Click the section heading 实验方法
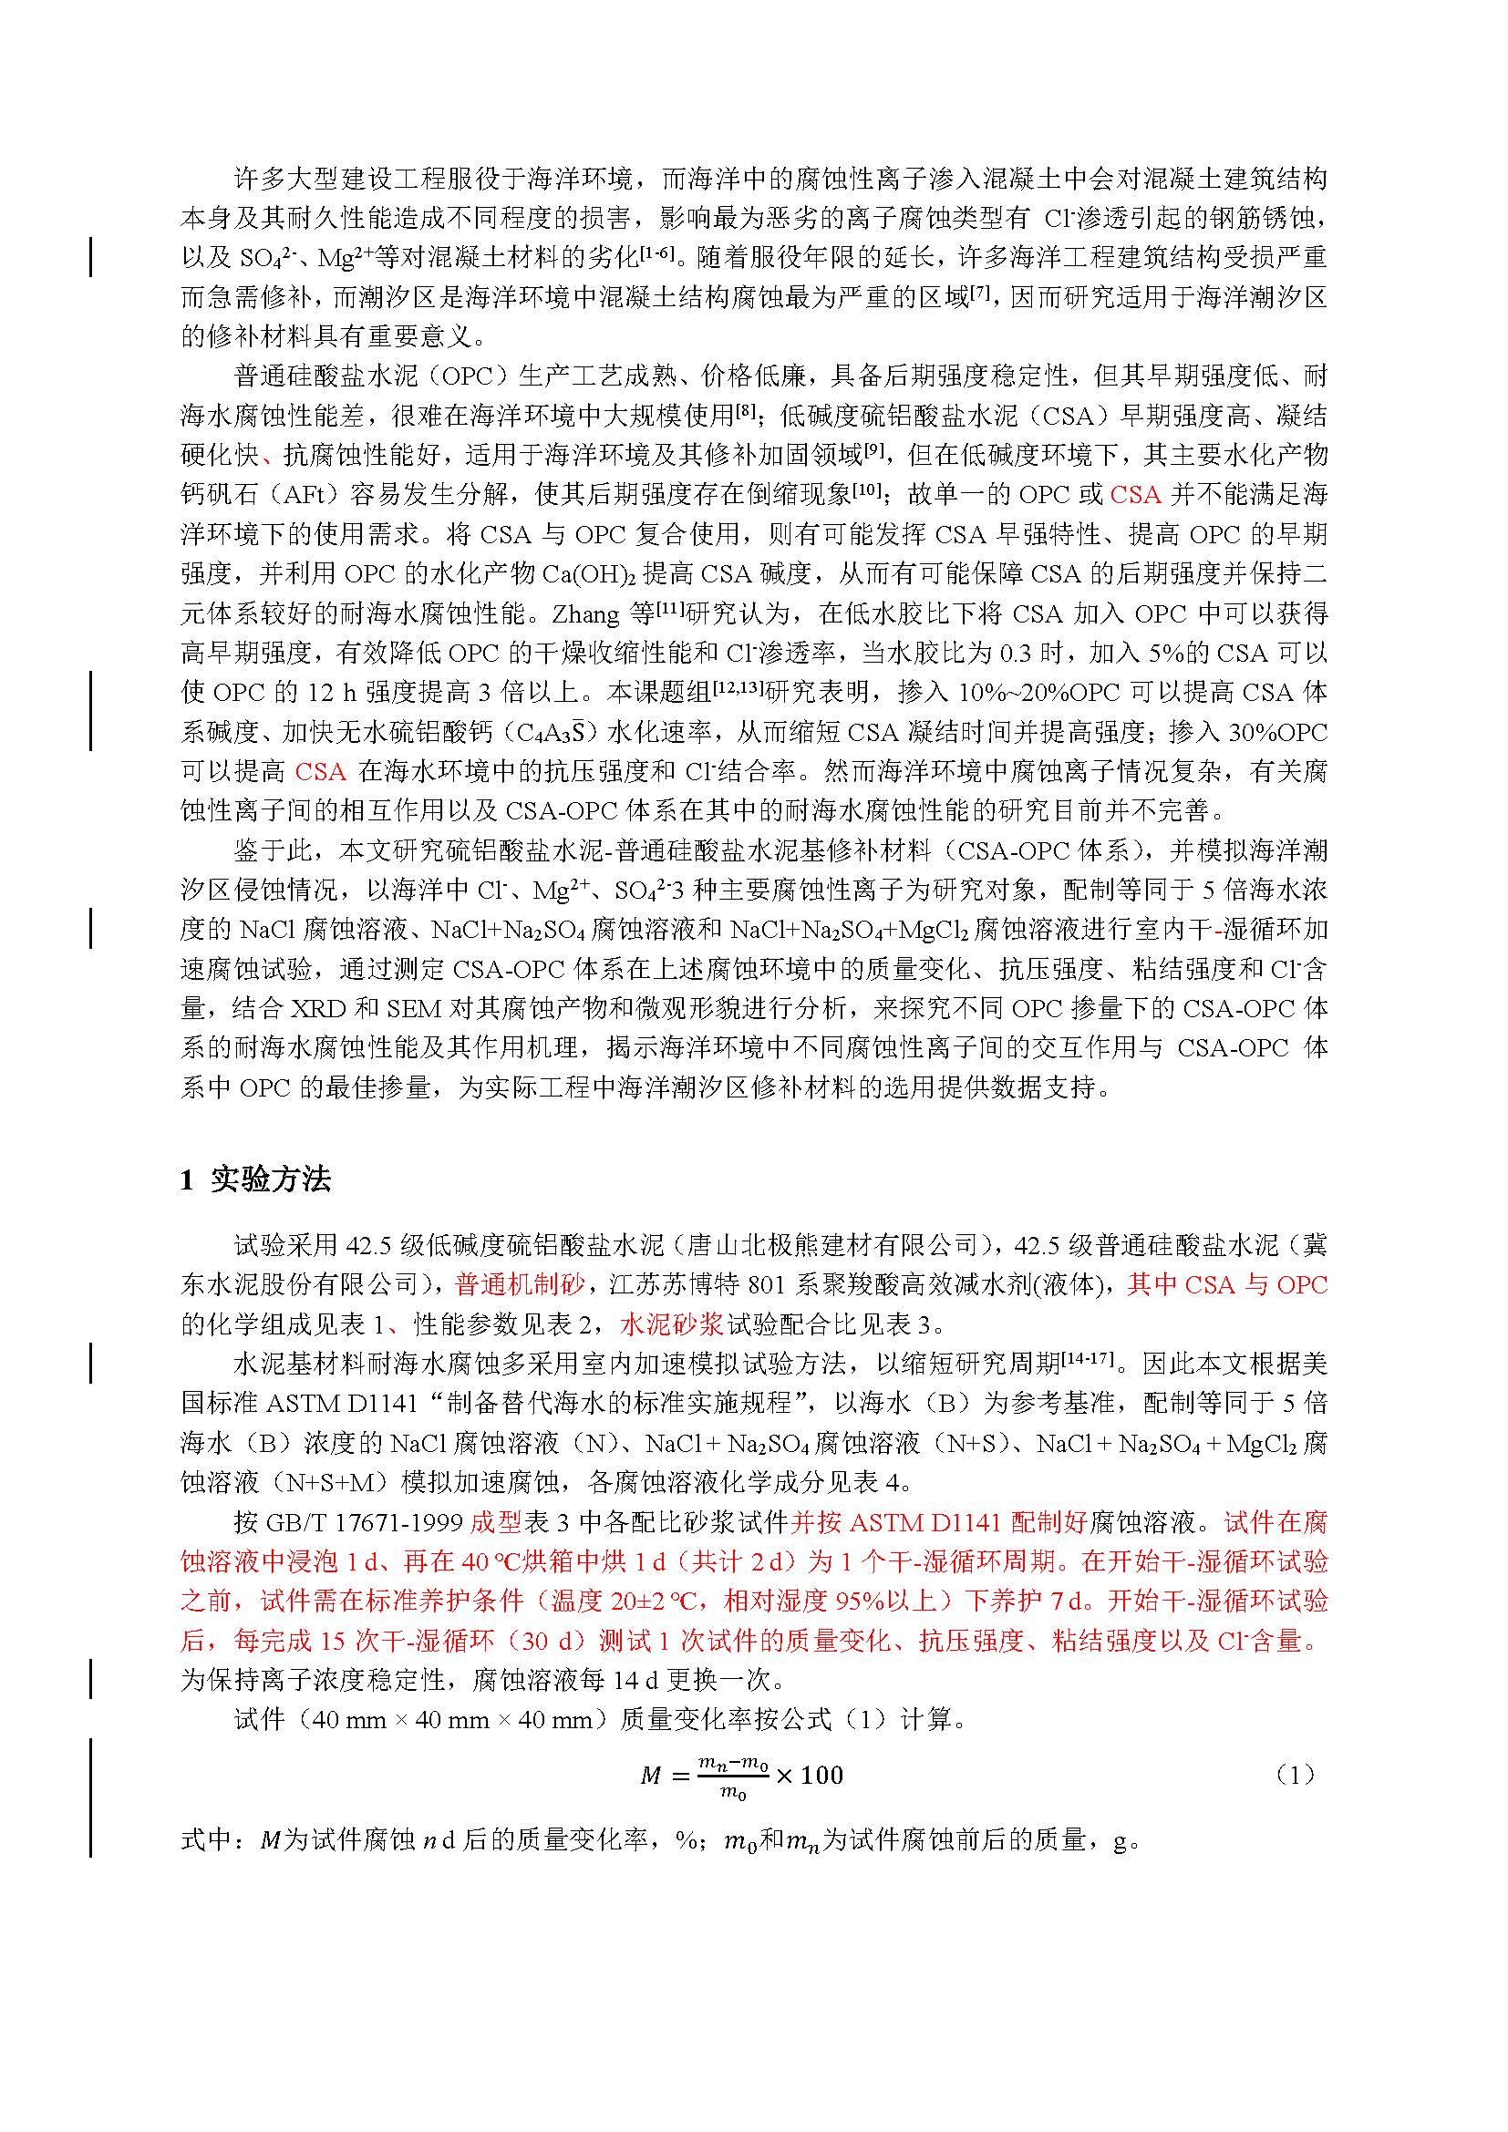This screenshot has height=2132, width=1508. point(269,1179)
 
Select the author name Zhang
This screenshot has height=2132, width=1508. point(586,613)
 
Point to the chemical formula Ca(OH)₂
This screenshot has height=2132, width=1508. point(589,574)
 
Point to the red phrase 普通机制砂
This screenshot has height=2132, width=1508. point(520,1284)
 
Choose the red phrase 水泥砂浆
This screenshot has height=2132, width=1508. point(671,1324)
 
